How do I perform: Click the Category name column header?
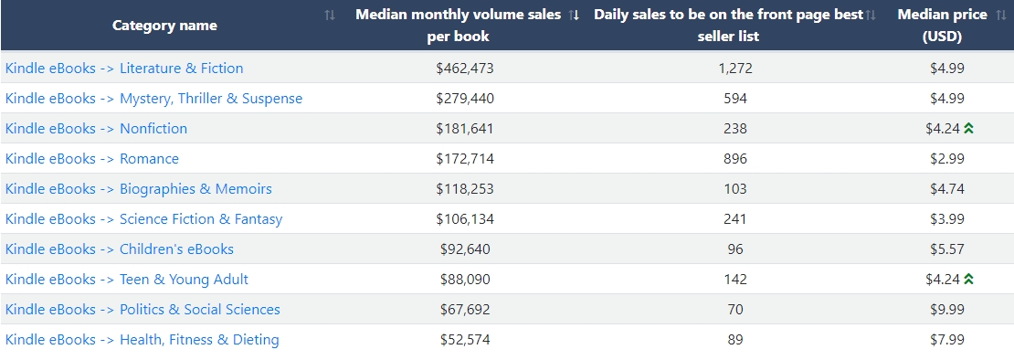click(x=165, y=26)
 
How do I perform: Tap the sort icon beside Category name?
click(x=330, y=15)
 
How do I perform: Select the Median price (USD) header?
click(x=942, y=26)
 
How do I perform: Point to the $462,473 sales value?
click(x=465, y=68)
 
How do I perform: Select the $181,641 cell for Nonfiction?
click(x=465, y=129)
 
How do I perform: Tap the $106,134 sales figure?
click(x=465, y=219)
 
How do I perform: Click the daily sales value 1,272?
click(x=735, y=68)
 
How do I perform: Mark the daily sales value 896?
click(x=735, y=158)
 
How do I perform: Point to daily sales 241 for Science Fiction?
click(x=735, y=219)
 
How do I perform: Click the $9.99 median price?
click(x=947, y=310)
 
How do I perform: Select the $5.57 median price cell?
click(x=947, y=249)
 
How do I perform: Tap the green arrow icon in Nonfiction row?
click(x=968, y=129)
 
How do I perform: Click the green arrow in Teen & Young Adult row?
click(x=968, y=280)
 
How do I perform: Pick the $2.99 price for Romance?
click(x=947, y=158)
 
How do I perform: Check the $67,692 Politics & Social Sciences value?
click(x=465, y=310)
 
